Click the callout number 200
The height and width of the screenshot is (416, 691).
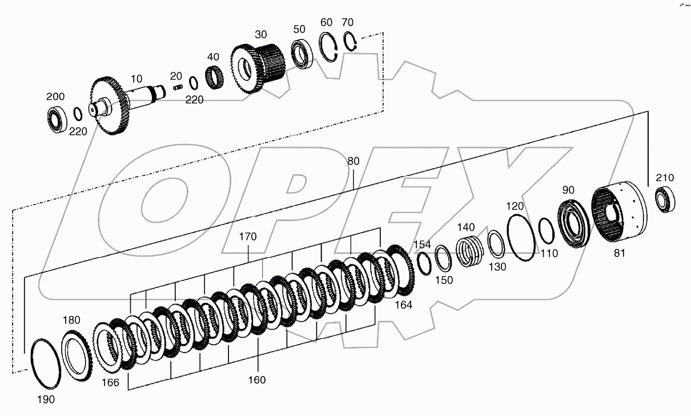[x=55, y=97]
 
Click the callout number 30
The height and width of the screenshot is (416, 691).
[x=261, y=34]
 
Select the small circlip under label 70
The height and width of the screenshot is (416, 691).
[x=350, y=42]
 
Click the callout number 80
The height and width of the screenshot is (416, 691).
[x=353, y=162]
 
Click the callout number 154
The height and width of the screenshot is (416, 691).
[x=423, y=245]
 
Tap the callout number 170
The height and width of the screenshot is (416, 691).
[x=248, y=236]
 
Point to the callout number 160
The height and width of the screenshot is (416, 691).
[x=257, y=379]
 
